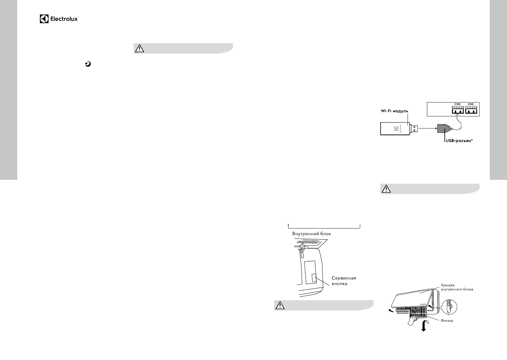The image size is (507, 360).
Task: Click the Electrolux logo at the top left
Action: tap(59, 19)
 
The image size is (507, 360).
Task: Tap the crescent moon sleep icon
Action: tap(88, 64)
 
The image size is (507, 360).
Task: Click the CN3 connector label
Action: tap(457, 104)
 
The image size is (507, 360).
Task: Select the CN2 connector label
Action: tap(470, 104)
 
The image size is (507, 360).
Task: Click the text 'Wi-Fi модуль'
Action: tap(394, 111)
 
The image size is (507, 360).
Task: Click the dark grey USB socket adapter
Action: tap(443, 129)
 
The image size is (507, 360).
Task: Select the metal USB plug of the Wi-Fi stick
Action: tap(414, 129)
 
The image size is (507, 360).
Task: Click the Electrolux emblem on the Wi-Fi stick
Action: tap(396, 129)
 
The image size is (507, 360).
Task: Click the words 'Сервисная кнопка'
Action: tap(344, 281)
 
